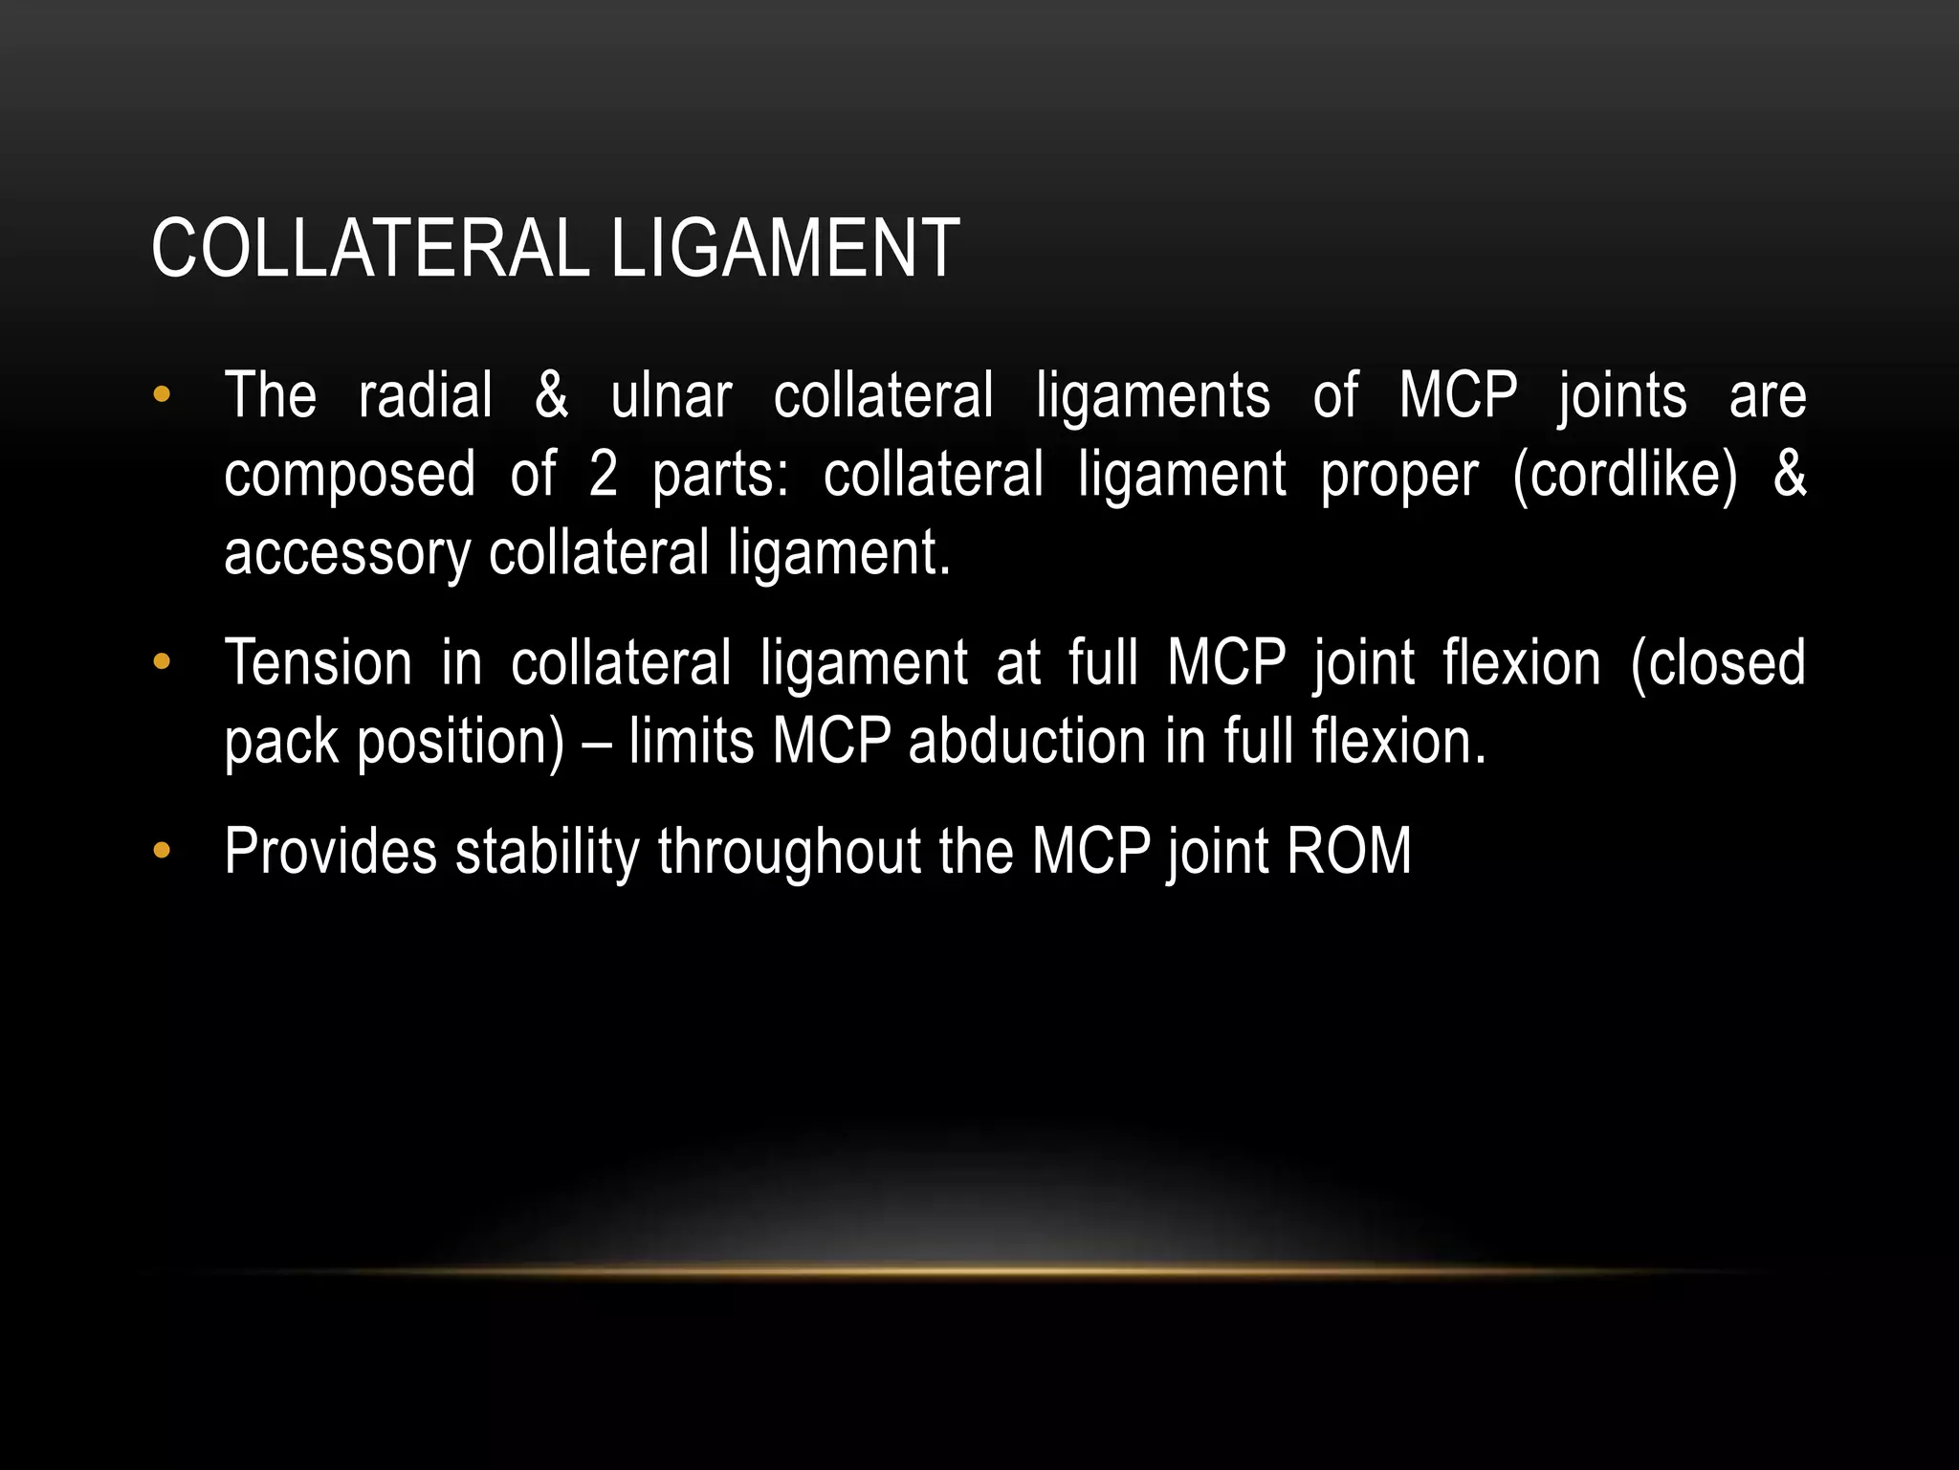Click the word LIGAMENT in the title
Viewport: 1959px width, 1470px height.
[784, 249]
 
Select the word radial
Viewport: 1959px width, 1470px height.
[426, 395]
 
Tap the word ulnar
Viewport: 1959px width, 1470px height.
[671, 395]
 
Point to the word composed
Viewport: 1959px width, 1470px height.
[349, 476]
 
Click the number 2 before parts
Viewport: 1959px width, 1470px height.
[603, 474]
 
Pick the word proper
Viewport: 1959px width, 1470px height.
[1399, 476]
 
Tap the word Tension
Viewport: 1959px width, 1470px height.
[318, 662]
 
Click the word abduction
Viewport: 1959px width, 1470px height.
[1027, 742]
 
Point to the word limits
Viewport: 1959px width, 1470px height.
[692, 742]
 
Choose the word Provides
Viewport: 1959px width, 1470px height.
[330, 851]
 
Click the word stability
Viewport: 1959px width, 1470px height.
[547, 851]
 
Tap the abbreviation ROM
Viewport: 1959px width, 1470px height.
[1349, 851]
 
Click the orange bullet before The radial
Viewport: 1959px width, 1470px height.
[161, 394]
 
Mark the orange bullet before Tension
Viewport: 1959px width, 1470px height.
[161, 661]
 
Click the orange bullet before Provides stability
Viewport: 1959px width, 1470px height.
[161, 850]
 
